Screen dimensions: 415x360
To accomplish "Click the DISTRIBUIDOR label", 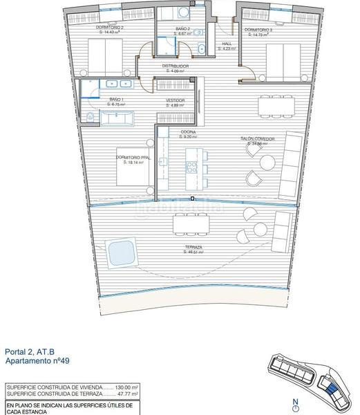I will coord(176,67).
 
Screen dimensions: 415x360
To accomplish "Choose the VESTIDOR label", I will coord(175,101).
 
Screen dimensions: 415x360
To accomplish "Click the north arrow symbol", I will coord(295,403).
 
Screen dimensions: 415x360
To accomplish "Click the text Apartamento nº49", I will coord(37,361).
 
